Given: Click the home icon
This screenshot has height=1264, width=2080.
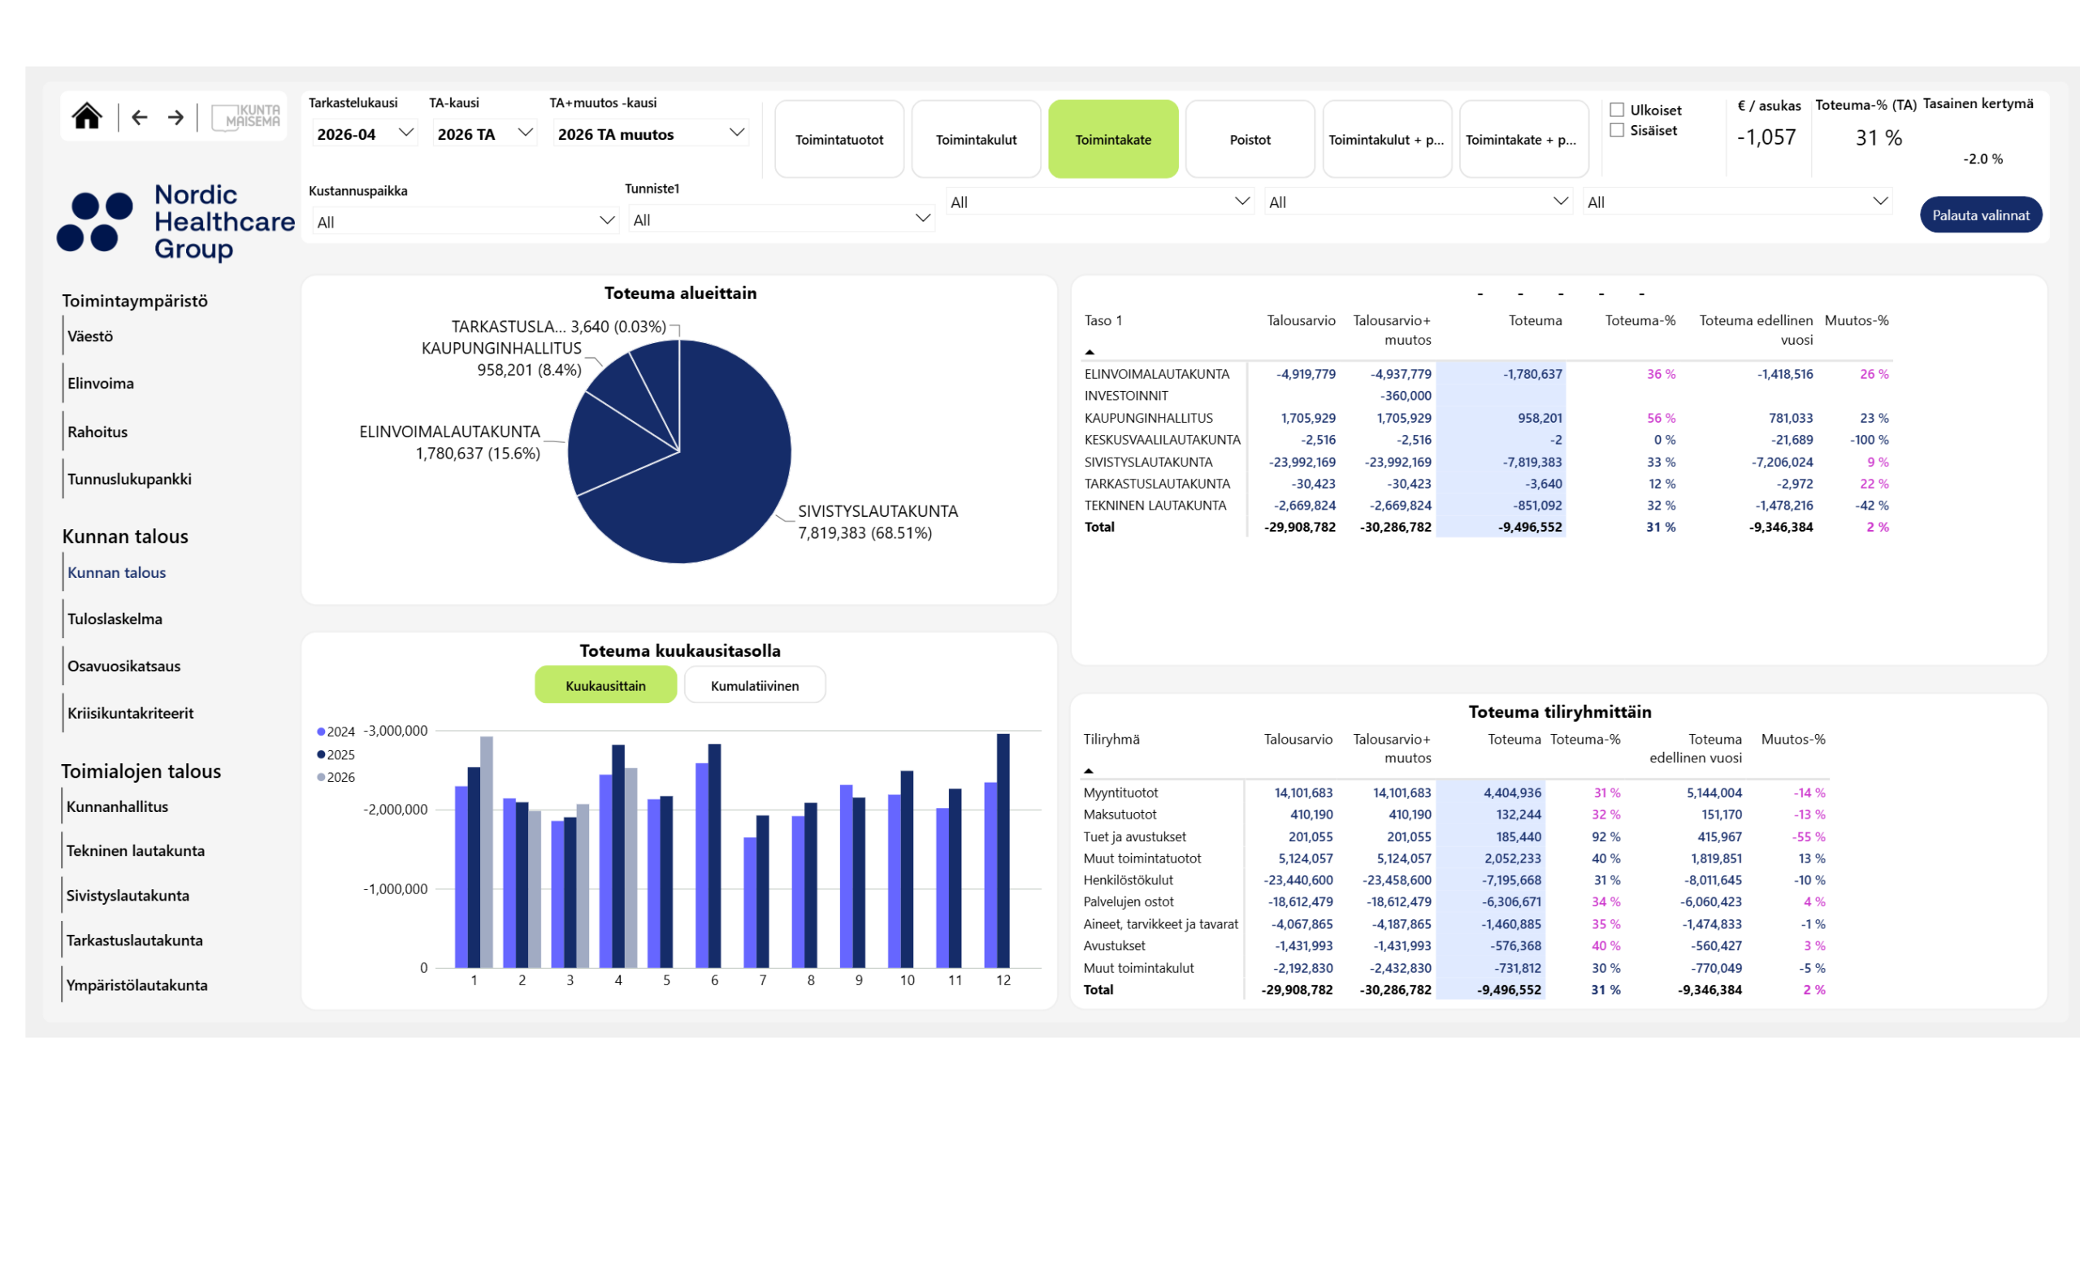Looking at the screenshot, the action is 87,115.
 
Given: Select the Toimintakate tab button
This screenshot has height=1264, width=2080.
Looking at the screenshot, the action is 1112,139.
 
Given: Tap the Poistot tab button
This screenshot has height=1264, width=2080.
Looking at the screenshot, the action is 1250,139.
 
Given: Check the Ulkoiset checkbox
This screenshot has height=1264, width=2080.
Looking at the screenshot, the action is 1617,110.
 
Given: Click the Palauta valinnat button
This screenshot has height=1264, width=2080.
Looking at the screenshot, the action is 1980,215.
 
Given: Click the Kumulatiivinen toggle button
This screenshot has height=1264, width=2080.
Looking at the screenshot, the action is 755,684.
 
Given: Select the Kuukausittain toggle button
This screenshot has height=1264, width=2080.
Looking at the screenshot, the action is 605,684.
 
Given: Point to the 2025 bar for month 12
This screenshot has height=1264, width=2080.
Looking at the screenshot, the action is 1003,850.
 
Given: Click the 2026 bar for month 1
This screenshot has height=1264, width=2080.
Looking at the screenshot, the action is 487,852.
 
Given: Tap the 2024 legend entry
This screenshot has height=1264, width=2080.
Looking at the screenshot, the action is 336,732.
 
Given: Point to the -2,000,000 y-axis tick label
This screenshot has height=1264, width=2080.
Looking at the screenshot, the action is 395,809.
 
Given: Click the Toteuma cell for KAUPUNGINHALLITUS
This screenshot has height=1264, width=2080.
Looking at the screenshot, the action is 1540,418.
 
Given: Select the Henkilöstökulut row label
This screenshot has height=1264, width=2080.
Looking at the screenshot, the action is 1128,880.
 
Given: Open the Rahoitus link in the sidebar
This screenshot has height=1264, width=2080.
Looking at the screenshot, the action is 98,432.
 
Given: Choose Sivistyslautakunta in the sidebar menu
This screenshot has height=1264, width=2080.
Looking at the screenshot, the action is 128,895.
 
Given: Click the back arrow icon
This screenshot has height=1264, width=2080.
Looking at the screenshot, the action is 140,117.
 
